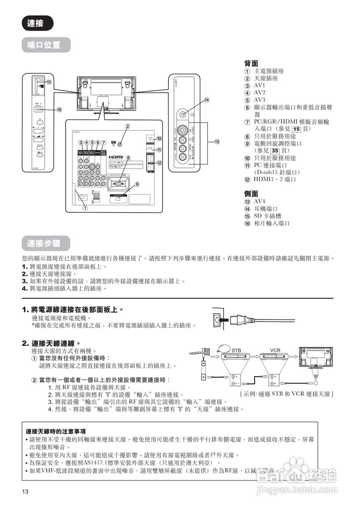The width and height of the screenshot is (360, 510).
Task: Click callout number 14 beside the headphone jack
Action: [x=207, y=100]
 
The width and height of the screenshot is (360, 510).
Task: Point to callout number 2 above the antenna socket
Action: [x=128, y=126]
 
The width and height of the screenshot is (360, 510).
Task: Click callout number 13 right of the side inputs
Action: [x=217, y=141]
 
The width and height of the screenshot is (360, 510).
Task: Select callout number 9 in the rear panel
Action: [x=137, y=184]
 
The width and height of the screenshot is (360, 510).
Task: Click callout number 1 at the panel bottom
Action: [x=84, y=207]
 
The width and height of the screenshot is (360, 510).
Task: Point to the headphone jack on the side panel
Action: [x=183, y=114]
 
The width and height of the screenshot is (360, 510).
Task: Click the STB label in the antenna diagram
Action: [x=237, y=350]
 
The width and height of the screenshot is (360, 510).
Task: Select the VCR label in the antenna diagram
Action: [x=275, y=350]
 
